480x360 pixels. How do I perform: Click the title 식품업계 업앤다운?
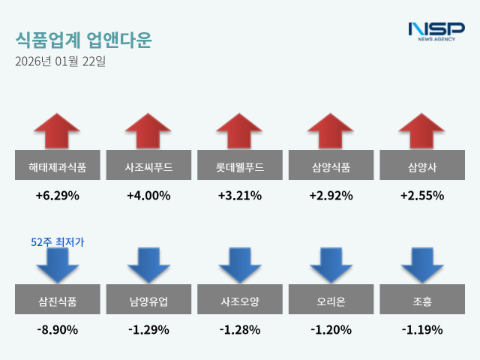82,39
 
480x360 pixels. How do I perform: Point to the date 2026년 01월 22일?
60,61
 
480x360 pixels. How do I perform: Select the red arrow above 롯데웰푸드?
239,131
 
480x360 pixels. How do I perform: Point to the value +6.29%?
58,196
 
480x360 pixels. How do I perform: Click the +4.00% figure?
148,196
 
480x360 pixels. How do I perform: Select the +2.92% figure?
331,196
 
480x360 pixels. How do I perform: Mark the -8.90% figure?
58,329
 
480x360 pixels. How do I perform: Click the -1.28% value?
239,329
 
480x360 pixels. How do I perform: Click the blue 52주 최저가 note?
58,242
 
